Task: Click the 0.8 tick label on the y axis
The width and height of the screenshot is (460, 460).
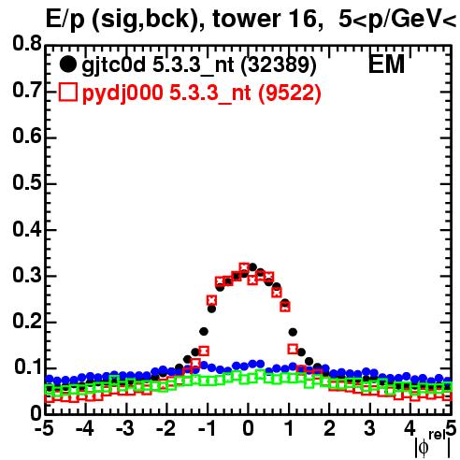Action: (27, 44)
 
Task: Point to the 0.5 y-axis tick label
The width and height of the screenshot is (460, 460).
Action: (27, 183)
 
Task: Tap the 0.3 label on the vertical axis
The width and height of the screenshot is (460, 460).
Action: (27, 276)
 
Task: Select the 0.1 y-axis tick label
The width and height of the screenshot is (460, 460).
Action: (27, 367)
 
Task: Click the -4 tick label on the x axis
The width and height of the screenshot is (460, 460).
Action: (84, 429)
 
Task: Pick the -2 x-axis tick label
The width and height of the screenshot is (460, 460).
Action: (166, 429)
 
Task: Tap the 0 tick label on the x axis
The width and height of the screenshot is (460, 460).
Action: (248, 429)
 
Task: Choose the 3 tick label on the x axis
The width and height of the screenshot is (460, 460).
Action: (370, 429)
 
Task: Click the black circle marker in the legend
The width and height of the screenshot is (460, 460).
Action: (67, 65)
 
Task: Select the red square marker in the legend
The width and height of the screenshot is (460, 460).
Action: (67, 93)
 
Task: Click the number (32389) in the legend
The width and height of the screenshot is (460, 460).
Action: (279, 65)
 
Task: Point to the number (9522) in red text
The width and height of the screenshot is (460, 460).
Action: (290, 93)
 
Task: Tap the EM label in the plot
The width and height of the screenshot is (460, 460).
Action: (386, 65)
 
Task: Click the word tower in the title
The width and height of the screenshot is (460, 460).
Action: (246, 19)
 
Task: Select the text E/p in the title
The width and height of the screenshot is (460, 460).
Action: (65, 20)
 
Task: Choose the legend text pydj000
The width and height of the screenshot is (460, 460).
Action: (122, 93)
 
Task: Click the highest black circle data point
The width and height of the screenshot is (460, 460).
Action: (252, 267)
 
